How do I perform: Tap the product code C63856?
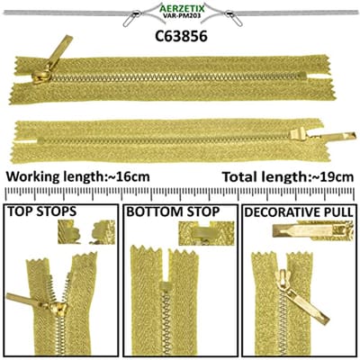pos(181,36)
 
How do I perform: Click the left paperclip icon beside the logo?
pos(131,17)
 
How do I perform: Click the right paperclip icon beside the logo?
pos(234,18)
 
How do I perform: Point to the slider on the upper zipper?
pos(41,76)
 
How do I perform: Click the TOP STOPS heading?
pos(41,211)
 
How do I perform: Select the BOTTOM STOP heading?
pos(173,211)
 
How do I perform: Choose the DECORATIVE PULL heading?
pos(299,212)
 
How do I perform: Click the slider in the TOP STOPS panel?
pos(58,309)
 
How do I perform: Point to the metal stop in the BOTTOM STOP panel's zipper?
pos(165,285)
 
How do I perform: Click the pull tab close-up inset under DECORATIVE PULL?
pos(312,230)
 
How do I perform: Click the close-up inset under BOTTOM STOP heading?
pos(206,233)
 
